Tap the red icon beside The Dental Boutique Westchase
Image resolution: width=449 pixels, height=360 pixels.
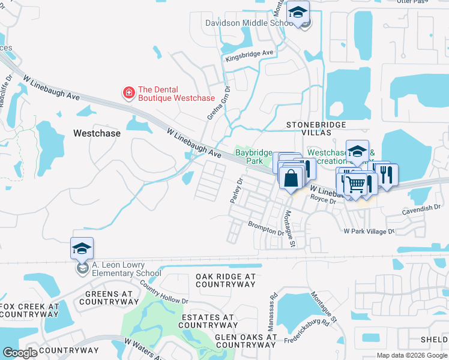[128, 92]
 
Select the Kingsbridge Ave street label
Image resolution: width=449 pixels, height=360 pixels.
[249, 56]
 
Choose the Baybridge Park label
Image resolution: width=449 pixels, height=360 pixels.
[253, 157]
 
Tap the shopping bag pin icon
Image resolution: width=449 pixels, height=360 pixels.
[291, 178]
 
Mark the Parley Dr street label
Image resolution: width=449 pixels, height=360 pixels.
[236, 190]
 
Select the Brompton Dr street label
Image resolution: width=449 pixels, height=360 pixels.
[266, 228]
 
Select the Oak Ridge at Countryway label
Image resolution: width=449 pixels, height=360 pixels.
[225, 280]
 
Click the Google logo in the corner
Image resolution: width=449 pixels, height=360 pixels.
[19, 352]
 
